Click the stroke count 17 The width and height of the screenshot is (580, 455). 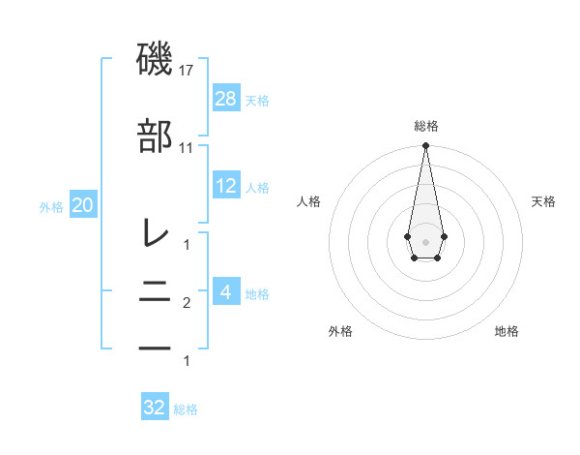coord(188,71)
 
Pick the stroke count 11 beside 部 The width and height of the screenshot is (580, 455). coord(187,148)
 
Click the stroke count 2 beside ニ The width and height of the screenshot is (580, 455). coord(187,304)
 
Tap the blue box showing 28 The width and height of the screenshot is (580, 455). coord(226,99)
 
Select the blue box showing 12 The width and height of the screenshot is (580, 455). coord(226,186)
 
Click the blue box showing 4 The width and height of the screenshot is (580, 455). coord(226,292)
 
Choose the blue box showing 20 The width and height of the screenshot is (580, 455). coord(83,205)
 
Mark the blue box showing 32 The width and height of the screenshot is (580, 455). coord(155,408)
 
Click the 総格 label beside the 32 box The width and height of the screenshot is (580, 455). coord(186,409)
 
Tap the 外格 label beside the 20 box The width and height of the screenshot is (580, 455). coord(51,206)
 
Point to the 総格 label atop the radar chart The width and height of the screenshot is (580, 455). coord(425,127)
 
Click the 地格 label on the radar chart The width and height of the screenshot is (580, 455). coord(507,331)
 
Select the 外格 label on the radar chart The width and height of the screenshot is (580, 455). coord(340,331)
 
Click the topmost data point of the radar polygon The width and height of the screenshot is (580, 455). coord(425,146)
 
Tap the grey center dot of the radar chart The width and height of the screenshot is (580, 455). coord(425,240)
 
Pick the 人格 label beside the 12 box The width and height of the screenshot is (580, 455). coord(257,187)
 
